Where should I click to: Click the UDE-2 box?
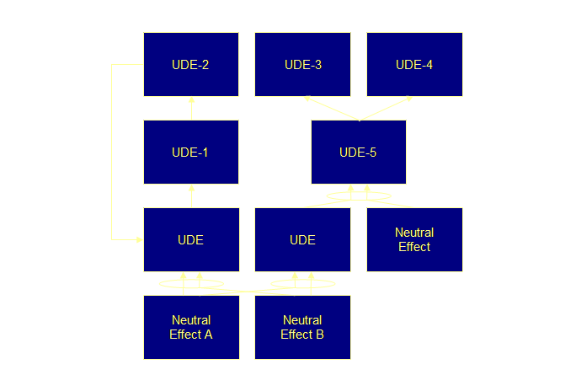(190, 64)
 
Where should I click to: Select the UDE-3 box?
(302, 64)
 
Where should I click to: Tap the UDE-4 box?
(414, 64)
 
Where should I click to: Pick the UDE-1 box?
(190, 152)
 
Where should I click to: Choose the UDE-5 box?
(358, 152)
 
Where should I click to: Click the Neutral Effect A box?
(190, 327)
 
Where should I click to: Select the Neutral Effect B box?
(302, 327)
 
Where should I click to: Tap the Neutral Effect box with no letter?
(414, 239)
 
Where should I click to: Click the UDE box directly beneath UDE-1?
(190, 239)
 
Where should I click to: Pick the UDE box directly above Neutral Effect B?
(302, 239)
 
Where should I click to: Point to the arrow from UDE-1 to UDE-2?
(191, 108)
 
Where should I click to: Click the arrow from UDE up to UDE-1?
(191, 195)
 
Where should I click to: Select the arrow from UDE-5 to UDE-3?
(330, 108)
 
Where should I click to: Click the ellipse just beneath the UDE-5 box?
(358, 196)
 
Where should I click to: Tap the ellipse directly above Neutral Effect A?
(190, 283)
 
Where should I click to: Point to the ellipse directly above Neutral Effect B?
(302, 283)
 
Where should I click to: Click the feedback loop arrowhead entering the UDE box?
(139, 240)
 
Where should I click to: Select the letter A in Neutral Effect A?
(208, 334)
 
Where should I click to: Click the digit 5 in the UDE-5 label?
(373, 153)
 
